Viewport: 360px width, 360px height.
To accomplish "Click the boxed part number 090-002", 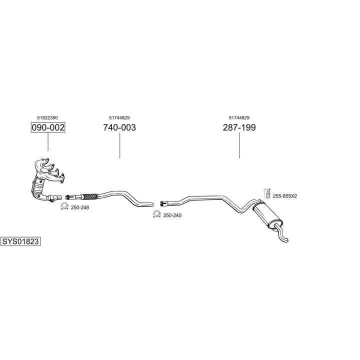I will coord(48,127).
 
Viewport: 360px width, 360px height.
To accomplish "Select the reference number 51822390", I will coord(48,118).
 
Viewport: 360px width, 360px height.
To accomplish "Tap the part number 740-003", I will coord(119,127).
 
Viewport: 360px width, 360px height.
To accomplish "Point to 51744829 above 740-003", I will coord(119,118).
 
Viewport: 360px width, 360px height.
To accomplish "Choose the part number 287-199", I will coord(239,127).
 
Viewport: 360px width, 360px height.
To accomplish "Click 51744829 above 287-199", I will coord(239,118).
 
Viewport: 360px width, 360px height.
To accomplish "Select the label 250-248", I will coord(80,207).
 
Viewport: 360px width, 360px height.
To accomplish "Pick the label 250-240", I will coord(173,215).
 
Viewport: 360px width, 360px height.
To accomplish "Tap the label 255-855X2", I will coord(285,196).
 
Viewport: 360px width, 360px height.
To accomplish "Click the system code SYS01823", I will coord(20,241).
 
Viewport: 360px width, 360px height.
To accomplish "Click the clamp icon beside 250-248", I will coord(64,207).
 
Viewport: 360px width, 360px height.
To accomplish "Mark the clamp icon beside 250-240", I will coord(156,215).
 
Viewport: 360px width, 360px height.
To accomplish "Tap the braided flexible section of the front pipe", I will coord(89,196).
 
